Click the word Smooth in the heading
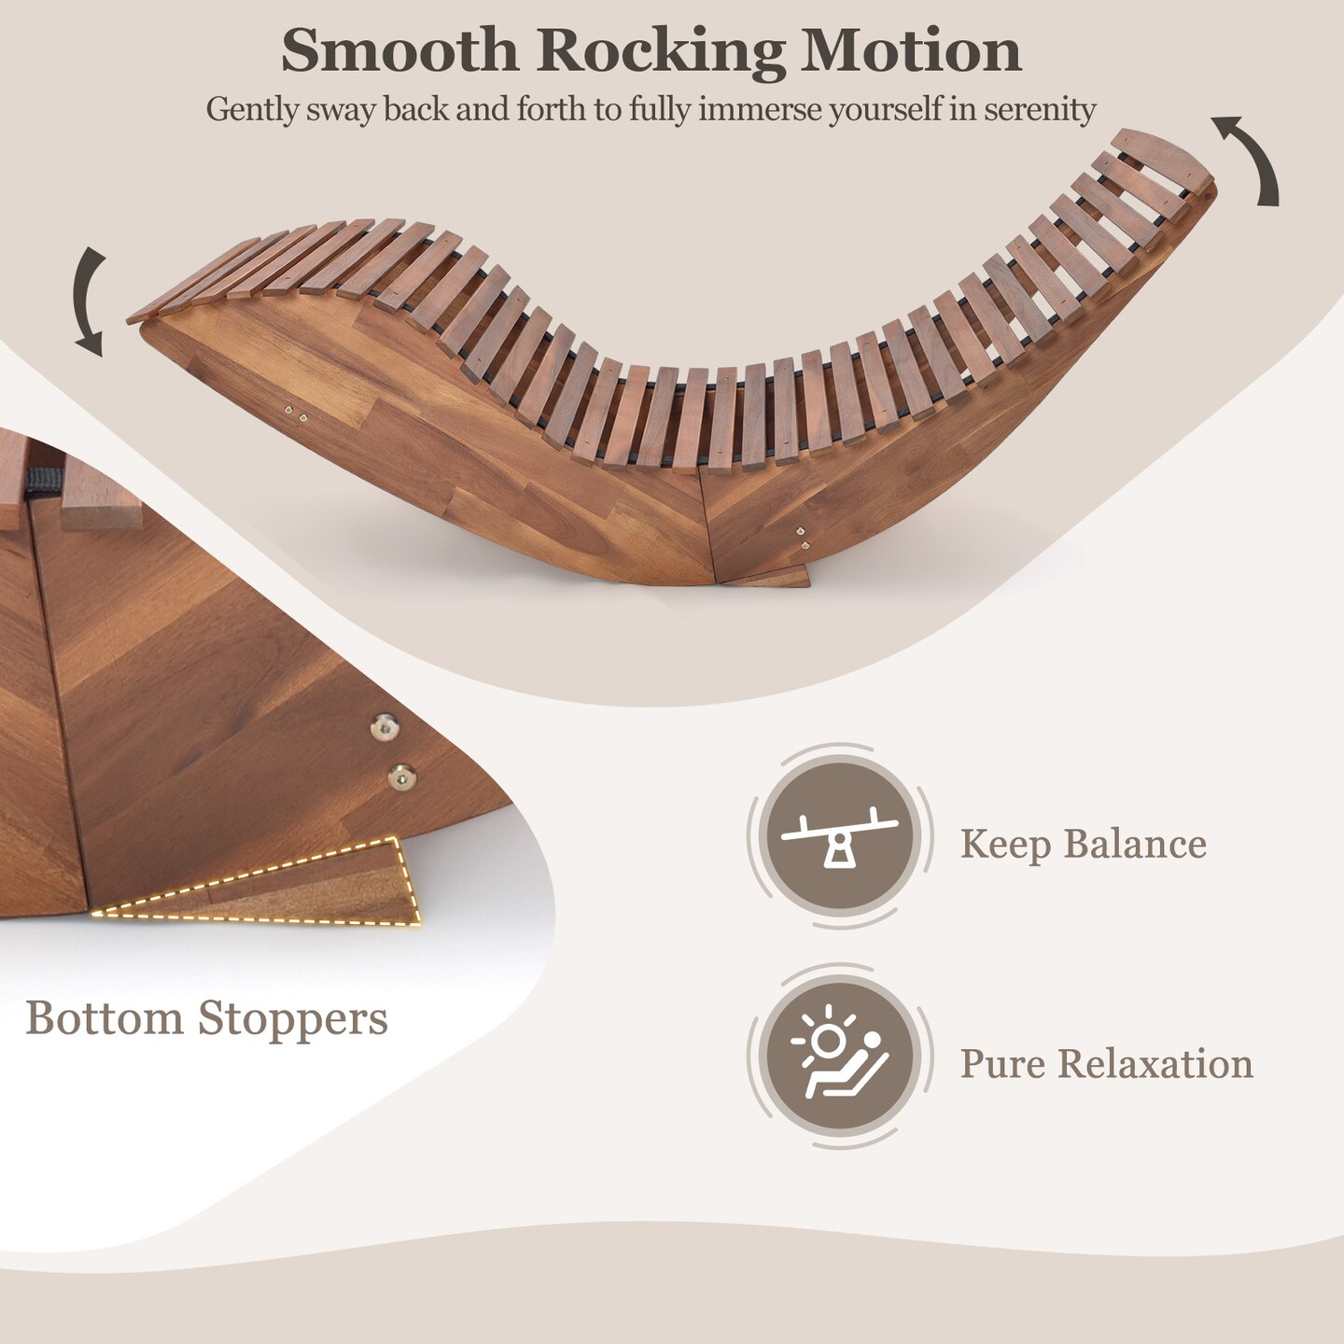399,50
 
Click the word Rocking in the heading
661,52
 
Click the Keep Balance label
1083,845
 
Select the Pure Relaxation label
1106,1064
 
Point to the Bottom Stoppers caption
206,1018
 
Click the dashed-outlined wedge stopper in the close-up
308,887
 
